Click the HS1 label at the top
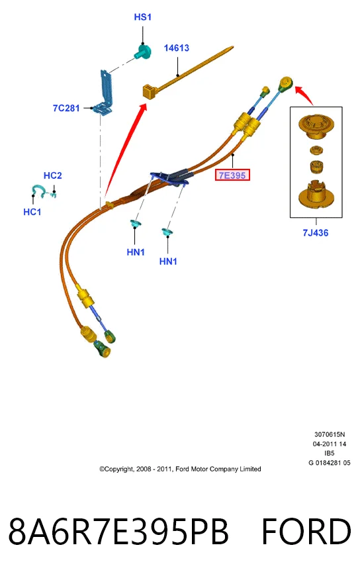142,17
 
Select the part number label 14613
177,48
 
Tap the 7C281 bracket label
66,108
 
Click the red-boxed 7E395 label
232,175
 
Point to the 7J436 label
316,232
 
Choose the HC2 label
53,175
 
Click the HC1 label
32,212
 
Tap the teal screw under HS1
142,52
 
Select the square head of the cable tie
150,91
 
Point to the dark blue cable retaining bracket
169,177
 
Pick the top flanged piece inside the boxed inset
316,127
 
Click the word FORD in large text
306,532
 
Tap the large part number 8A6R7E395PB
118,532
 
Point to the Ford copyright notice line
180,469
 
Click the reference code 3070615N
330,434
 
